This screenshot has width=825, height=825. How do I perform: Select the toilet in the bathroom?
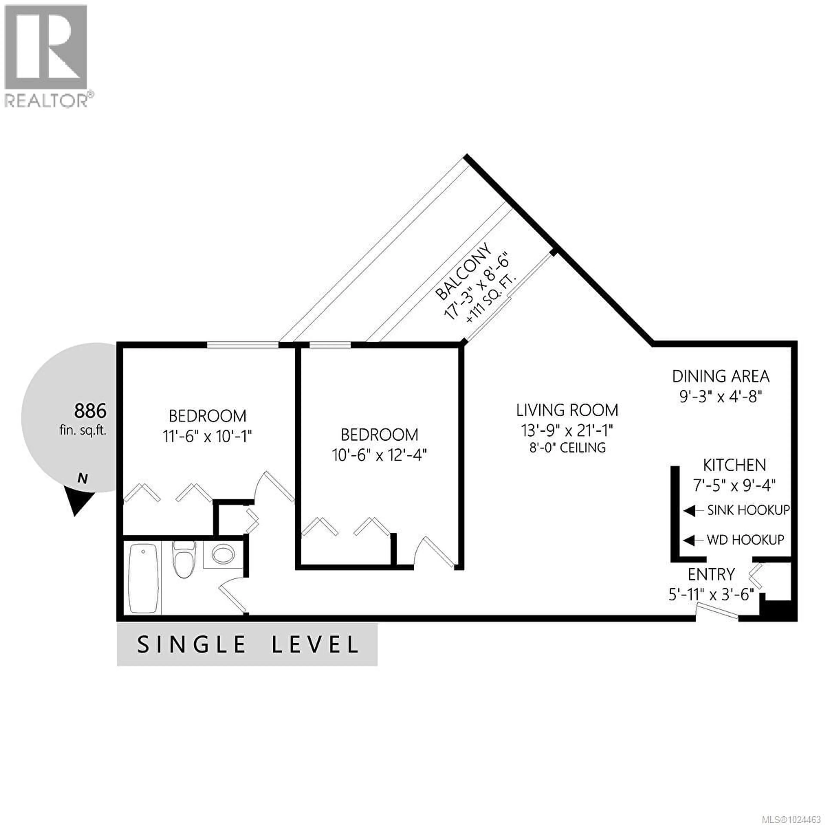pos(185,558)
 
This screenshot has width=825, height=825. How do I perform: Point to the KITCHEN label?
pos(735,465)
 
